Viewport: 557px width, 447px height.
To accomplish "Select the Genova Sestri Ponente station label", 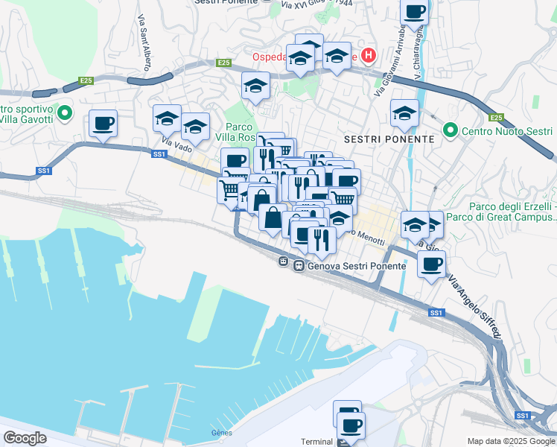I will click(353, 264).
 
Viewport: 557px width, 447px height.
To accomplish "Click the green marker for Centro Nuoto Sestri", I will click(450, 131).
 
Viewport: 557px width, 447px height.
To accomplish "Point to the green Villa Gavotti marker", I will click(64, 114).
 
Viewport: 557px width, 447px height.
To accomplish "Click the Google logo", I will click(25, 437).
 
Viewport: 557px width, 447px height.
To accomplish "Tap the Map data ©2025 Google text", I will click(511, 441).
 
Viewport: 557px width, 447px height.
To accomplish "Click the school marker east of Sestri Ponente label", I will click(404, 112).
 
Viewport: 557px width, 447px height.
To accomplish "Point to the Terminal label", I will click(316, 442).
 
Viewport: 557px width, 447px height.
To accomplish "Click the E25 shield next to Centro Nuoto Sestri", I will click(497, 118).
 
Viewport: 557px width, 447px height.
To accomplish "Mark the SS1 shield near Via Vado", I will click(159, 154).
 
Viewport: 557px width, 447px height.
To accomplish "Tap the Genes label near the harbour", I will click(222, 433).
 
